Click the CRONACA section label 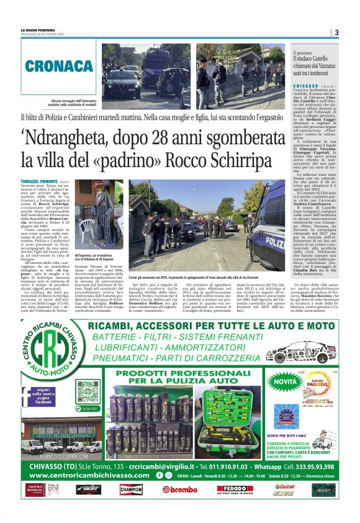[x=58, y=65]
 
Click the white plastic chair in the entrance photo [x=86, y=228]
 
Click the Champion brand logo [x=131, y=489]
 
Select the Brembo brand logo [x=179, y=489]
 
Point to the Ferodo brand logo [x=234, y=489]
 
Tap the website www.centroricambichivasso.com [x=88, y=475]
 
